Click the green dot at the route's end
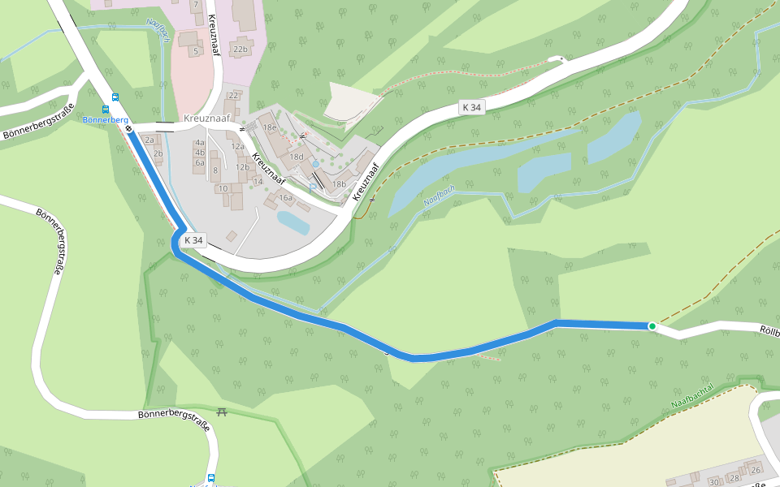pos(652,326)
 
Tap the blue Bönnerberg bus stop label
pos(106,120)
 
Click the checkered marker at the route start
pos(129,128)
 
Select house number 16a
pos(285,197)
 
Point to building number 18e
pos(269,127)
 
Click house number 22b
pos(240,50)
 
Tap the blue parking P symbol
pos(313,187)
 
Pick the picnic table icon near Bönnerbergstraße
pos(223,412)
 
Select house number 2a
pos(149,140)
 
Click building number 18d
pos(297,157)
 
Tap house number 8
pos(215,170)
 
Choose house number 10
pos(223,188)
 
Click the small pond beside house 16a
pos(292,221)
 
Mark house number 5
pos(195,51)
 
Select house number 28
pos(734,478)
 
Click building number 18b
pos(338,184)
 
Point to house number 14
pos(258,182)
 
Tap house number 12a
pos(238,147)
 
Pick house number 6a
pos(200,162)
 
